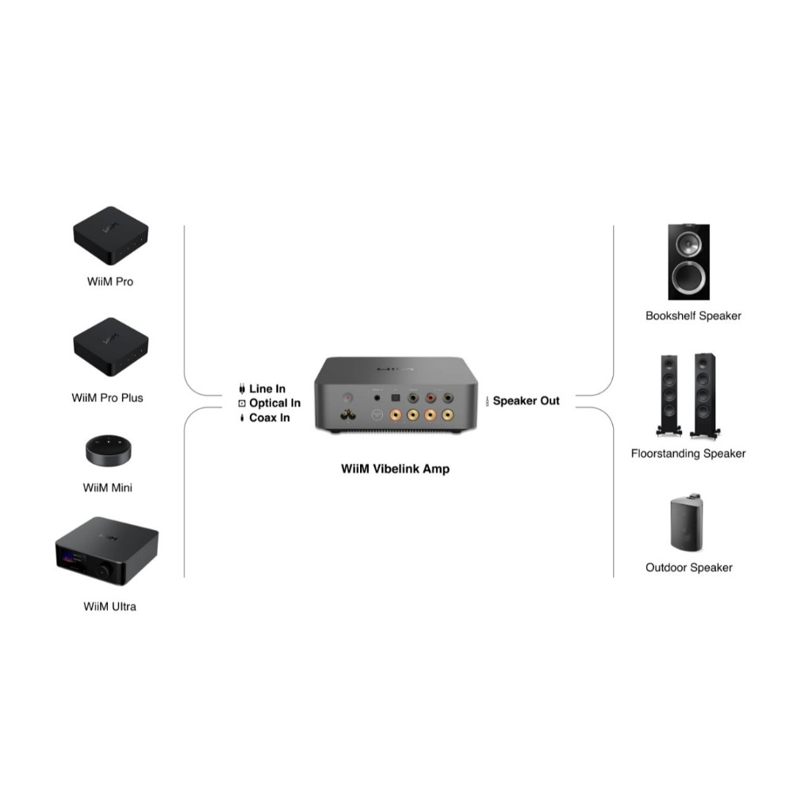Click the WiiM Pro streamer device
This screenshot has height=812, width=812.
pos(110,236)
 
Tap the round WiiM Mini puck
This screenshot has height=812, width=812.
pos(109,449)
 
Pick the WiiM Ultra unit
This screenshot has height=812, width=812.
pos(106,550)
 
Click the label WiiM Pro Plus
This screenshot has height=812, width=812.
pos(108,397)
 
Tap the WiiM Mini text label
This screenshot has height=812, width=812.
pos(108,488)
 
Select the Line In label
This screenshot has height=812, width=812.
pos(267,389)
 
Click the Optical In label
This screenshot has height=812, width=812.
pos(274,403)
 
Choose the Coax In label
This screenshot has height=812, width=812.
pos(270,417)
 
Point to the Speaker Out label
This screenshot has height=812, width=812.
pos(526,400)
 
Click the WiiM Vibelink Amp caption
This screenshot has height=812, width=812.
pos(395,469)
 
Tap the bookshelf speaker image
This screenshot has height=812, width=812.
pos(688,262)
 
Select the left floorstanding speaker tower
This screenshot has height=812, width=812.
pos(668,394)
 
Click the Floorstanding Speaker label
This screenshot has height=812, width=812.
pos(688,454)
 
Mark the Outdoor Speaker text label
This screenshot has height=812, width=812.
pos(688,567)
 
